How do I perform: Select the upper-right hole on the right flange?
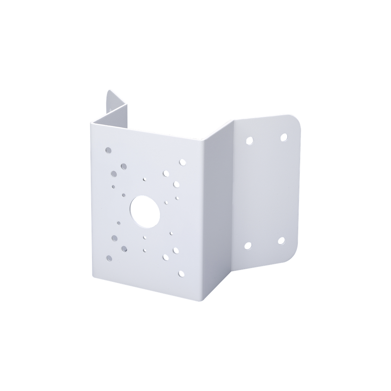tap(284, 137)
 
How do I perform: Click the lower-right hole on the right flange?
tap(281, 241)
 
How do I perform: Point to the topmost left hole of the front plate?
tap(108, 150)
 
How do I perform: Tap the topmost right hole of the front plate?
tap(183, 163)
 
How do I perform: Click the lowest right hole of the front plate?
tap(181, 273)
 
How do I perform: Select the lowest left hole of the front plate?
tap(109, 258)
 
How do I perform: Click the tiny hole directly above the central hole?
tap(144, 179)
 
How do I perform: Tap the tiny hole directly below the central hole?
tap(145, 238)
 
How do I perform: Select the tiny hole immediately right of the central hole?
tap(166, 202)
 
